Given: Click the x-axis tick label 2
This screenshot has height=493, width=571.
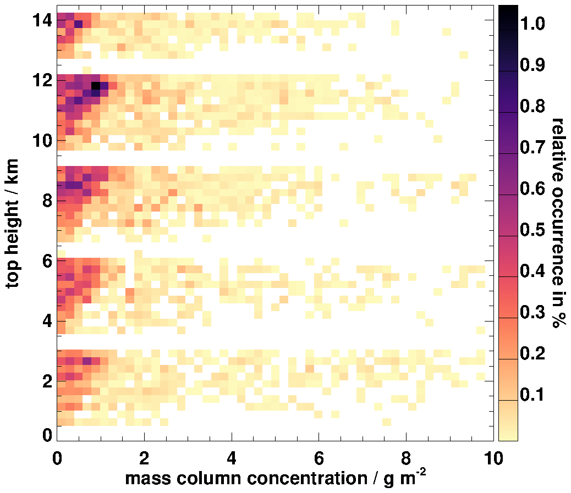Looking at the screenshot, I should [144, 457].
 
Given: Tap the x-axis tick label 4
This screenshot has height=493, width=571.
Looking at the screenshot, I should [232, 457].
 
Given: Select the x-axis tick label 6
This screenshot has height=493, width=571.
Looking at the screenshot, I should [319, 457].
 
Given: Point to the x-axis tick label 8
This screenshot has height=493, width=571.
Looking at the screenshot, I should [406, 457].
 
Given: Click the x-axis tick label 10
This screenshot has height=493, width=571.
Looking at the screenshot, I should [492, 457].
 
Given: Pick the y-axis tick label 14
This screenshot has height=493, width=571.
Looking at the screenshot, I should [41, 20].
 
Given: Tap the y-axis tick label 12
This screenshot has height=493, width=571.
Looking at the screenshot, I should [41, 80].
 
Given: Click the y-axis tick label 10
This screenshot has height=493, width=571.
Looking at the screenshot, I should [41, 140].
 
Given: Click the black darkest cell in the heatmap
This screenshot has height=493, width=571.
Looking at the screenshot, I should [96, 86].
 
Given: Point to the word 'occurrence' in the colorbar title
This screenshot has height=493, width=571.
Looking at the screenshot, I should [558, 237].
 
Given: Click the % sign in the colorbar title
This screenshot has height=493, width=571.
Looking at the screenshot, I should [558, 322].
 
